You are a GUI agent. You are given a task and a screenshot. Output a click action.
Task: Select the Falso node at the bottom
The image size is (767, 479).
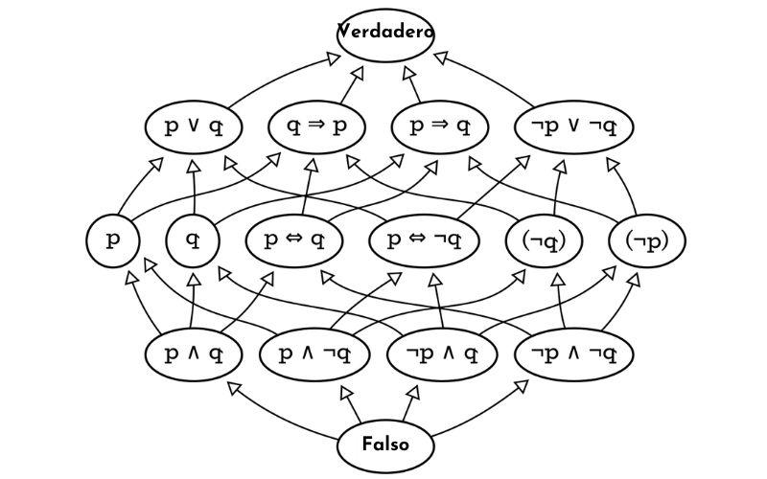[385, 445]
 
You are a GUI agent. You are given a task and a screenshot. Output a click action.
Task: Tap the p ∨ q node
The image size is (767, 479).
[194, 126]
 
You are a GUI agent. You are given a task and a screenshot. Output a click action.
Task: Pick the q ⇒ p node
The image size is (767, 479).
[318, 126]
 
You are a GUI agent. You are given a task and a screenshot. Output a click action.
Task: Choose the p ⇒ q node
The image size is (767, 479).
[440, 126]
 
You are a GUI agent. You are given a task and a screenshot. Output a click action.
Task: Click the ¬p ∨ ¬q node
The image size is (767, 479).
[574, 126]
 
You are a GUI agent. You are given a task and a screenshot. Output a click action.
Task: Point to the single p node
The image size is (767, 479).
[113, 239]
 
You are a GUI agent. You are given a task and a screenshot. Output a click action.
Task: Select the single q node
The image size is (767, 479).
[194, 239]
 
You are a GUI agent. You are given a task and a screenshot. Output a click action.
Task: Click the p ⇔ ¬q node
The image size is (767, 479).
[424, 239]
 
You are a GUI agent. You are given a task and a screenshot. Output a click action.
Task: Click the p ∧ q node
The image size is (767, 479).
[194, 354]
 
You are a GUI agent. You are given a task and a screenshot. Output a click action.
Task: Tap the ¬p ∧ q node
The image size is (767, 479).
[443, 354]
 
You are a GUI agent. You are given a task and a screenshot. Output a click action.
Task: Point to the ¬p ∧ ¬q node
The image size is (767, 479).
[574, 354]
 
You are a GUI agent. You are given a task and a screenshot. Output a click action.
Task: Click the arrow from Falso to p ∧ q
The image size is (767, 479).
[288, 407]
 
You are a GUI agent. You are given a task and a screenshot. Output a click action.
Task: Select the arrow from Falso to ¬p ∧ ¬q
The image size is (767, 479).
[479, 407]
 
